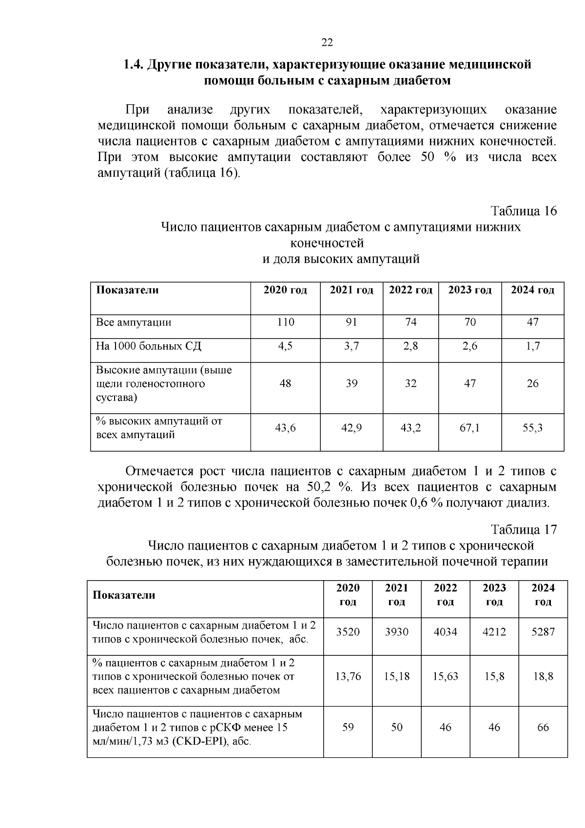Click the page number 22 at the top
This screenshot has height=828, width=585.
pyautogui.click(x=327, y=43)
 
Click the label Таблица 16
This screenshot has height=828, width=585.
pyautogui.click(x=523, y=211)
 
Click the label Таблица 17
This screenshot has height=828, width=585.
pyautogui.click(x=523, y=530)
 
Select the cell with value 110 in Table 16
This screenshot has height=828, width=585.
pyautogui.click(x=285, y=322)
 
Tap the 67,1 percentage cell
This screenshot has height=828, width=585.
pyautogui.click(x=469, y=428)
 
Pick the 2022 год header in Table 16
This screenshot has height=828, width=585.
pyautogui.click(x=410, y=290)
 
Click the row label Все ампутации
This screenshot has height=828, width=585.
pyautogui.click(x=134, y=323)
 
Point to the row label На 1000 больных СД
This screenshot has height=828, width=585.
pyautogui.click(x=149, y=346)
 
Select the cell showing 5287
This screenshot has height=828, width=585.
pyautogui.click(x=543, y=632)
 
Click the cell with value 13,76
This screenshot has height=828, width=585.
pyautogui.click(x=348, y=676)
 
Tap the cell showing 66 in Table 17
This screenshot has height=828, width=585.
pyautogui.click(x=543, y=727)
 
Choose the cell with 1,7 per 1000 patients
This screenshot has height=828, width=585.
pyautogui.click(x=532, y=346)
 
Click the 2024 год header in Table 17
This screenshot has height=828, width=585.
pyautogui.click(x=543, y=595)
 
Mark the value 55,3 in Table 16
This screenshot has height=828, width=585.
pyautogui.click(x=532, y=428)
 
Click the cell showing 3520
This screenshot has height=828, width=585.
pyautogui.click(x=348, y=632)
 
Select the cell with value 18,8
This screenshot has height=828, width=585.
pyautogui.click(x=543, y=676)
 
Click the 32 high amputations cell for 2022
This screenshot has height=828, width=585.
pyautogui.click(x=410, y=384)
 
